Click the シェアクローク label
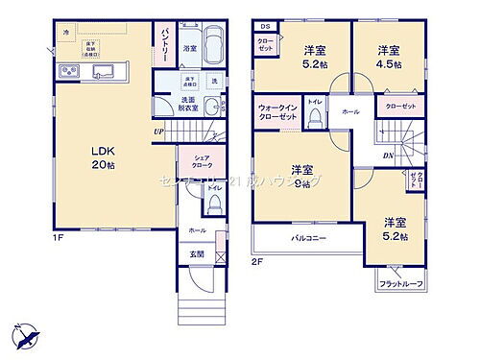(x=201, y=161)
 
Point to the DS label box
(x=264, y=25)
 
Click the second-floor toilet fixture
(x=313, y=119)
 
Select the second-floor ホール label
(x=351, y=112)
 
